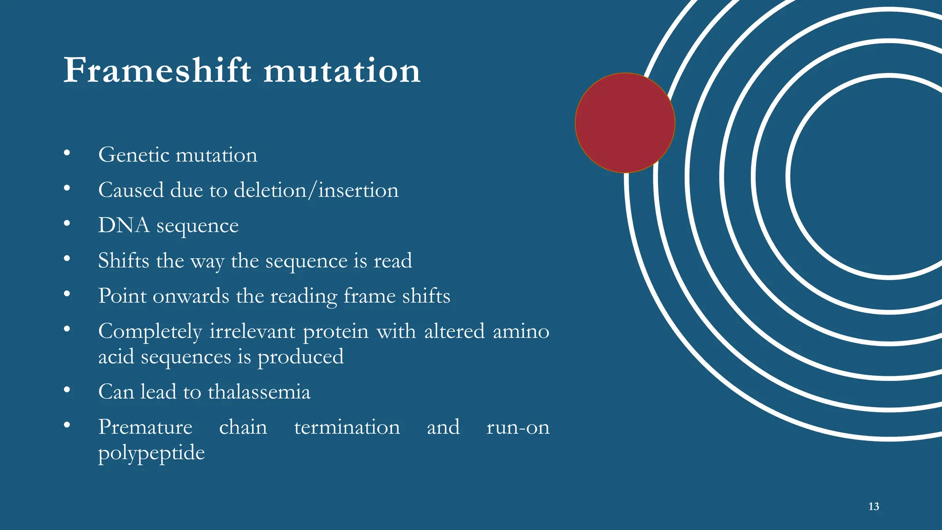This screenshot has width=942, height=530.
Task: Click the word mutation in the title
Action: [342, 71]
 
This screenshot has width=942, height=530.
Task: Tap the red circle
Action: [625, 123]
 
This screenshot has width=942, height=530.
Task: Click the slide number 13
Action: [873, 507]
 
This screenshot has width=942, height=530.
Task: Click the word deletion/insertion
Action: [316, 190]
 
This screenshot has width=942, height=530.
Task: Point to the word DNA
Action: [124, 225]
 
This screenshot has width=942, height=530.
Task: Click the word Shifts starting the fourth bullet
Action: [124, 260]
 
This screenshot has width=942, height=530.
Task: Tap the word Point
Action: [122, 296]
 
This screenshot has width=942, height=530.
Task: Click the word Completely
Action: [150, 332]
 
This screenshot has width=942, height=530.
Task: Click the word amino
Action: [521, 331]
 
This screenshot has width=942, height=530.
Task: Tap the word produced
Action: [300, 357]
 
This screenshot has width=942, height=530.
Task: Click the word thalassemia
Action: [259, 392]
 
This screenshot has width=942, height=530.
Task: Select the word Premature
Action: [145, 427]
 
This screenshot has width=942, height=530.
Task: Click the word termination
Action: [347, 427]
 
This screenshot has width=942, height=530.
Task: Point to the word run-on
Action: [517, 427]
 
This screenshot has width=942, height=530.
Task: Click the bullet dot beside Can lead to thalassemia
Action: [67, 390]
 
